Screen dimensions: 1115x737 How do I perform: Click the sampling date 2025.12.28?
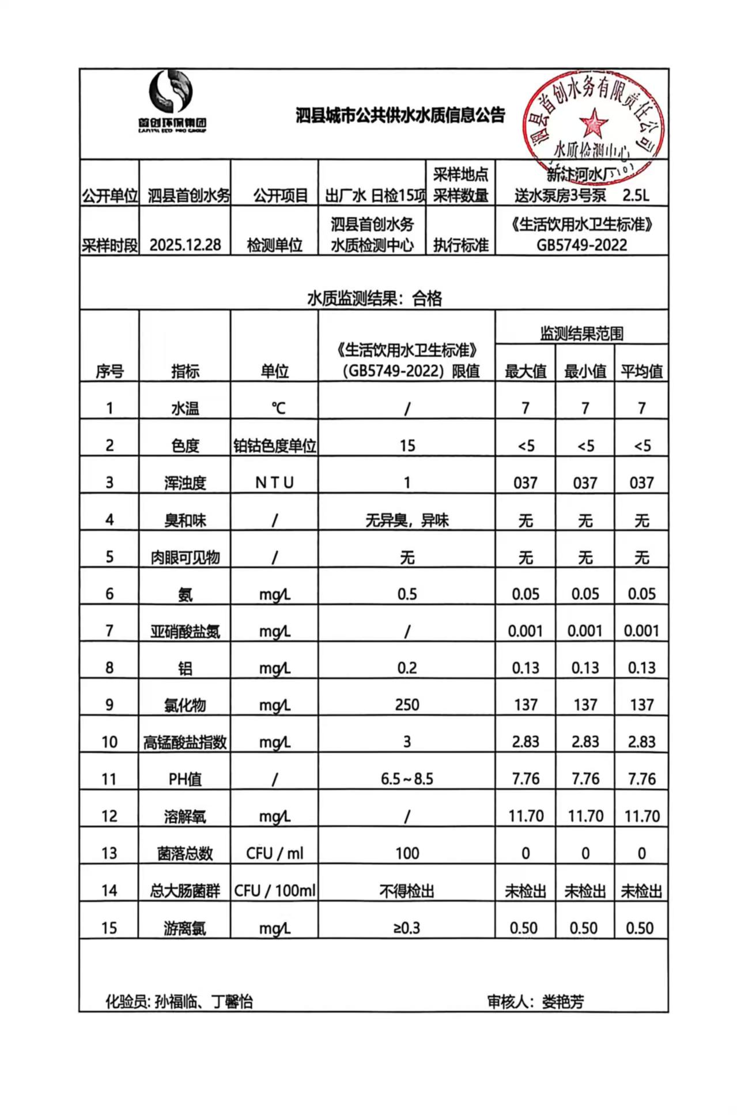[x=185, y=245]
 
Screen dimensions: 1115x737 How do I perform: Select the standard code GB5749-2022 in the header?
[x=581, y=245]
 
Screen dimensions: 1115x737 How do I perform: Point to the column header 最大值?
[x=525, y=372]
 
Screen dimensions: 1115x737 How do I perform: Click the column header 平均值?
[x=641, y=372]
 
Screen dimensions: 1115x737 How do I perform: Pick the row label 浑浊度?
[x=185, y=483]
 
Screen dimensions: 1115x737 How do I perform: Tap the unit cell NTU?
[x=274, y=483]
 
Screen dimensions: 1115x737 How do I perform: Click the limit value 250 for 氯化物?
[x=407, y=705]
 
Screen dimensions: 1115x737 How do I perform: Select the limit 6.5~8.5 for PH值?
[x=407, y=779]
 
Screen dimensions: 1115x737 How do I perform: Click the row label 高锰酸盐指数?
[x=185, y=742]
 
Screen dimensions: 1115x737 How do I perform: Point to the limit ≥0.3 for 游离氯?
[x=407, y=928]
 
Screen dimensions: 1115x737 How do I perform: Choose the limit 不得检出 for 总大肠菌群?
[x=407, y=891]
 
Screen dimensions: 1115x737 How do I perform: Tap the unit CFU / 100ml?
[x=274, y=891]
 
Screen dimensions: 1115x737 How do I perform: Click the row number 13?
[x=109, y=853]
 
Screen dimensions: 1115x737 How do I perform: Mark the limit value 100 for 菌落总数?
[x=407, y=853]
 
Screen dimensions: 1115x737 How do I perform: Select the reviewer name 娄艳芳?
[x=562, y=1002]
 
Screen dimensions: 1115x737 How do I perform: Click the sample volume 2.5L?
[x=636, y=195]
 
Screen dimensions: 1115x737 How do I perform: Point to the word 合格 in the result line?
[x=427, y=298]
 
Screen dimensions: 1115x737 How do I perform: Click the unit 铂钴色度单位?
[x=274, y=446]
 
